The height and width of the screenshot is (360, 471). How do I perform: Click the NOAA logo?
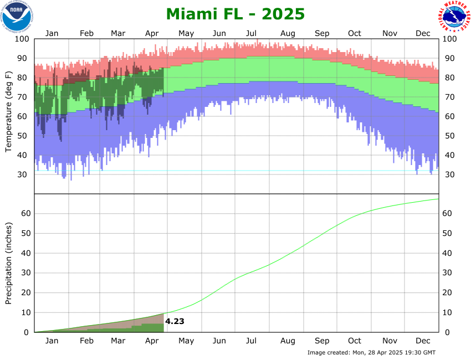pyautogui.click(x=17, y=16)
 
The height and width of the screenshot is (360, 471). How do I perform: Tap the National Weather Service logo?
pyautogui.click(x=454, y=17)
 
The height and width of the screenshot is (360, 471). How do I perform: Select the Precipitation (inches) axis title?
pyautogui.click(x=9, y=263)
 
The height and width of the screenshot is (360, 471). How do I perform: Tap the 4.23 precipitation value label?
pyautogui.click(x=175, y=321)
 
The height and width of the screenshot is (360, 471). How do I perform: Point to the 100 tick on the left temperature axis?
pyautogui.click(x=21, y=39)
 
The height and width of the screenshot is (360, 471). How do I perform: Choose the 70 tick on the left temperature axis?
pyautogui.click(x=24, y=97)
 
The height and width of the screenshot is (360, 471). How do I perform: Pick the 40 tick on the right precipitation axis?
pyautogui.click(x=448, y=253)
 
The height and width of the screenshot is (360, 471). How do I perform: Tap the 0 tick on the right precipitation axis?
pyautogui.click(x=446, y=332)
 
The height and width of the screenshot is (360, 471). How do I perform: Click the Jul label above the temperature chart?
pyautogui.click(x=252, y=33)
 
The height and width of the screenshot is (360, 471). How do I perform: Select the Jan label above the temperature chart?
pyautogui.click(x=52, y=33)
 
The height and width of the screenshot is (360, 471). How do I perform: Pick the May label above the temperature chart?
pyautogui.click(x=186, y=33)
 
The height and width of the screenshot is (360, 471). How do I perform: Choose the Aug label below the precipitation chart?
pyautogui.click(x=287, y=341)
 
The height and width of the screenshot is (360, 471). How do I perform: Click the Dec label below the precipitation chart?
pyautogui.click(x=423, y=341)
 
